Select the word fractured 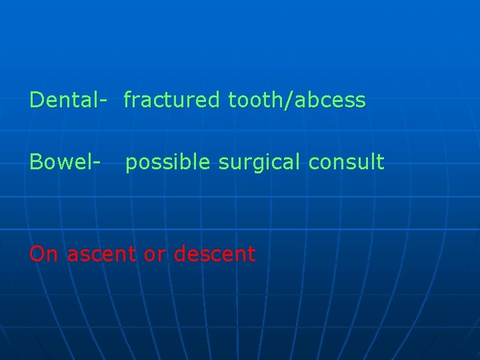(x=171, y=100)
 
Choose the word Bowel (x=61, y=162)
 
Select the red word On (x=44, y=254)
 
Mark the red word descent (x=214, y=254)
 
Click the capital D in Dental (x=37, y=100)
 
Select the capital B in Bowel (x=36, y=162)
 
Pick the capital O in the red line (x=37, y=254)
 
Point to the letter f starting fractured (x=128, y=100)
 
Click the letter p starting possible (x=131, y=164)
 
